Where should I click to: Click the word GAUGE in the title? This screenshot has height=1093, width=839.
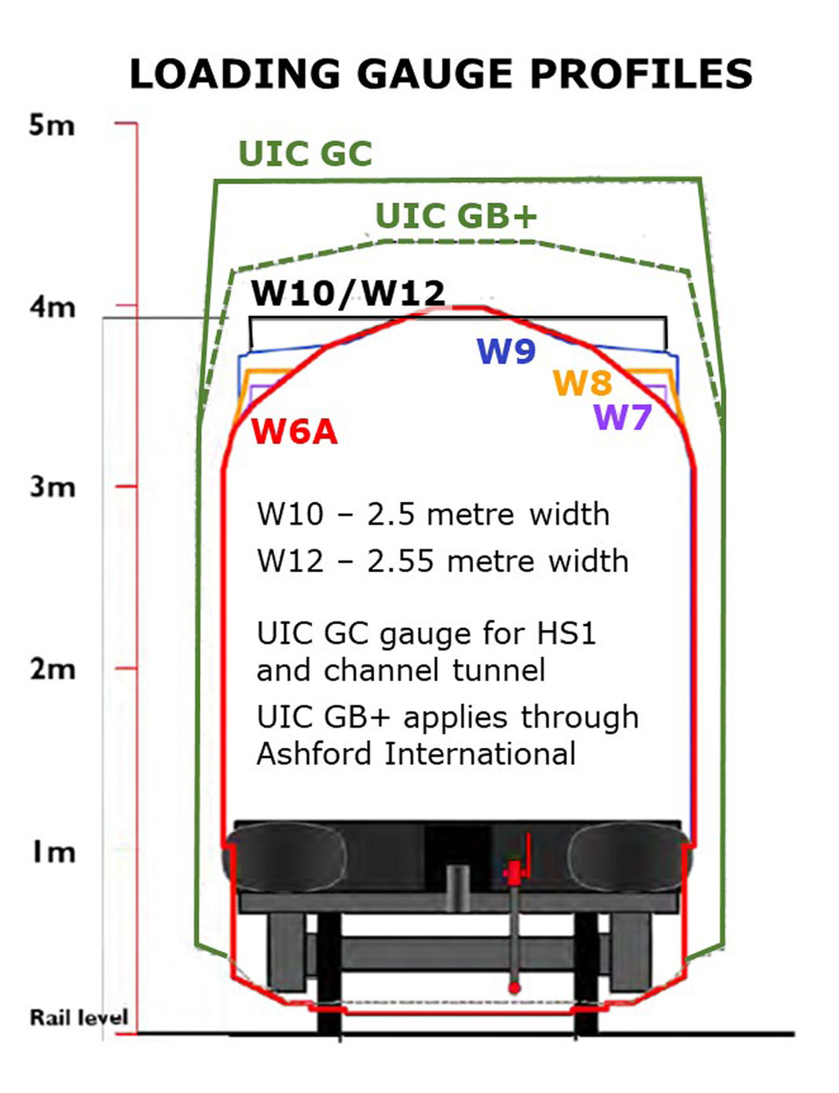pos(436,75)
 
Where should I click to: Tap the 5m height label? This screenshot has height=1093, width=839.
pos(52,125)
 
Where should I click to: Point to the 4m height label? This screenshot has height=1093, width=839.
pos(53,306)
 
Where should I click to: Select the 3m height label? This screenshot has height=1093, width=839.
pos(53,487)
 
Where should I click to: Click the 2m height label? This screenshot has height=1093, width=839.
pos(53,669)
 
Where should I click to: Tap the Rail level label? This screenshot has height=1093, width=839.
pos(79,1018)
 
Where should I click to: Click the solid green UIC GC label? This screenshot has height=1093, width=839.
pos(305,154)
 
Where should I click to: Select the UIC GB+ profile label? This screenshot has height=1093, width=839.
pos(456,216)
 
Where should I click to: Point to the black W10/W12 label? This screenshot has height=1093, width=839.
pos(348,294)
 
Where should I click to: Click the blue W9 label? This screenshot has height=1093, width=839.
pos(506,352)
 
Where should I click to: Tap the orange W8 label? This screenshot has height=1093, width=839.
pos(582,383)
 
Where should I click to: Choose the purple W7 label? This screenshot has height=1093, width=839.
pos(623,416)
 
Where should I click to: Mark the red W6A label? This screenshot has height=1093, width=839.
pos(294,432)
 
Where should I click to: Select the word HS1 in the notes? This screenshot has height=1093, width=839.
pos(566,633)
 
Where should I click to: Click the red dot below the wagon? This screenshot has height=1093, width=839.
pos(514,987)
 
